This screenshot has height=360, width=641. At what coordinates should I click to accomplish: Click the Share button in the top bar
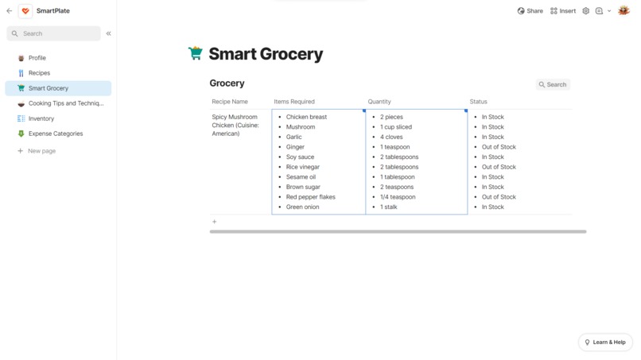[530, 11]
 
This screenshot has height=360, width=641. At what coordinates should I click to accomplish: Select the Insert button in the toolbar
[563, 11]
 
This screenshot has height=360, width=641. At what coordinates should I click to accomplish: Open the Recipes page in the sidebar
[39, 73]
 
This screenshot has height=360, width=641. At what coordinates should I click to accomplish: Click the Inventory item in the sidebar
[41, 118]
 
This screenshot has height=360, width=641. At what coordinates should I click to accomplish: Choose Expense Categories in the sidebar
[56, 134]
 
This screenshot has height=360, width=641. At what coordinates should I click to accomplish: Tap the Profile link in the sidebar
[37, 58]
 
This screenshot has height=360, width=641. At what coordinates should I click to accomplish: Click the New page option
[41, 151]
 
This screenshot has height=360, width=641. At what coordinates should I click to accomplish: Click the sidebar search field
[54, 33]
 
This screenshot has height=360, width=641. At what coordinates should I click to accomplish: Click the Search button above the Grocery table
[553, 84]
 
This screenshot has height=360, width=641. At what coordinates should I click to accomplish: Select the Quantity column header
[379, 102]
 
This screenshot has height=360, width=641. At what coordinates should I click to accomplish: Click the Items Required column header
[294, 102]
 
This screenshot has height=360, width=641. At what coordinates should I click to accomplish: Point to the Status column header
[478, 102]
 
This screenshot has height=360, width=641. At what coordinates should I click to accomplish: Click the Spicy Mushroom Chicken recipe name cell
[235, 126]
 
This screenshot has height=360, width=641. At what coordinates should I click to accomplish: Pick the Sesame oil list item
[301, 177]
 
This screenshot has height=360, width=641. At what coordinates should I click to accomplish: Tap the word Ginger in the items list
[295, 147]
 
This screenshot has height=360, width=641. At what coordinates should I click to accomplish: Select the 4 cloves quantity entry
[391, 137]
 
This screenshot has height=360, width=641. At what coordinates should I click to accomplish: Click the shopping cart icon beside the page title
[196, 54]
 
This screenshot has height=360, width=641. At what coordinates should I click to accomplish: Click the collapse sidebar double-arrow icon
[108, 33]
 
